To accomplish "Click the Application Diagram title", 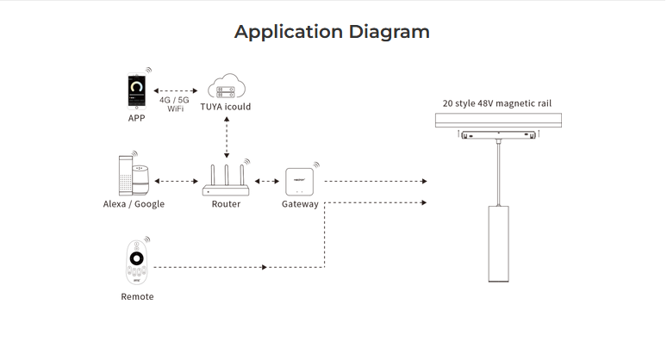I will click(x=332, y=32).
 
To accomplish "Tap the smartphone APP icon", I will click(x=136, y=90).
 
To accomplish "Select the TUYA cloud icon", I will click(x=226, y=89).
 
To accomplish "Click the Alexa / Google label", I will click(x=134, y=204).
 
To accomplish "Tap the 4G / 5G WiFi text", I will click(x=175, y=105).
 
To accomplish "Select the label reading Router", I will click(x=226, y=204).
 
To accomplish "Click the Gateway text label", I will click(x=300, y=204).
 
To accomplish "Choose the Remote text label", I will click(x=137, y=296).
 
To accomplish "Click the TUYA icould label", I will click(x=226, y=107).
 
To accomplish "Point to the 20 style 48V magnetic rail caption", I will click(x=497, y=103).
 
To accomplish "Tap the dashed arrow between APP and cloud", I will click(x=178, y=89).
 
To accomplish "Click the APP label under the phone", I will click(x=136, y=118).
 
